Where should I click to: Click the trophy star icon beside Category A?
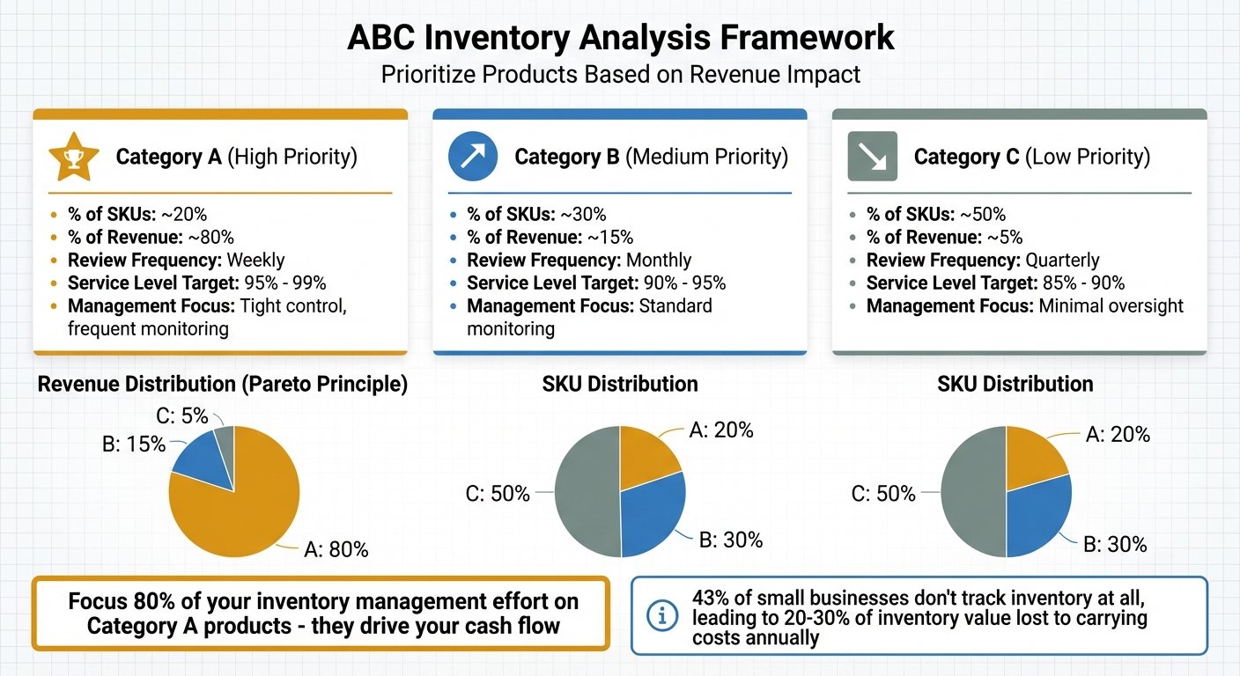[68, 158]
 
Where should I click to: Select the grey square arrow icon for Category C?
[872, 157]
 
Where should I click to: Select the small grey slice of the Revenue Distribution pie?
[225, 438]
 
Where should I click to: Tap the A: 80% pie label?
[336, 550]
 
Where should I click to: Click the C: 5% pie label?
[177, 415]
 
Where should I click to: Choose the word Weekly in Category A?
[255, 261]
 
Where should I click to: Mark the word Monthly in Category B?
[658, 261]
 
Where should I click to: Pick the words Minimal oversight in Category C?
[1111, 306]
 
